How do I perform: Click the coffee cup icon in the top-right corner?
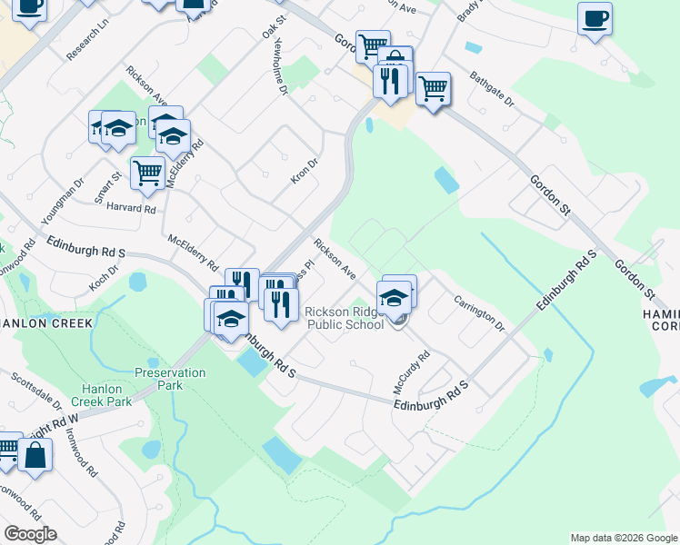tap(595, 19)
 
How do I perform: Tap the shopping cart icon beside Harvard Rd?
tap(147, 172)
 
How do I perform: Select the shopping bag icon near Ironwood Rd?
tap(35, 455)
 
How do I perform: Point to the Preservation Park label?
tap(170, 379)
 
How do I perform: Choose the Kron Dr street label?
tap(305, 170)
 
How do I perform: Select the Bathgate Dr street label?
tap(492, 89)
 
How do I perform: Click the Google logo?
tap(30, 534)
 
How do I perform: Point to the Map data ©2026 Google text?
tap(623, 538)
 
